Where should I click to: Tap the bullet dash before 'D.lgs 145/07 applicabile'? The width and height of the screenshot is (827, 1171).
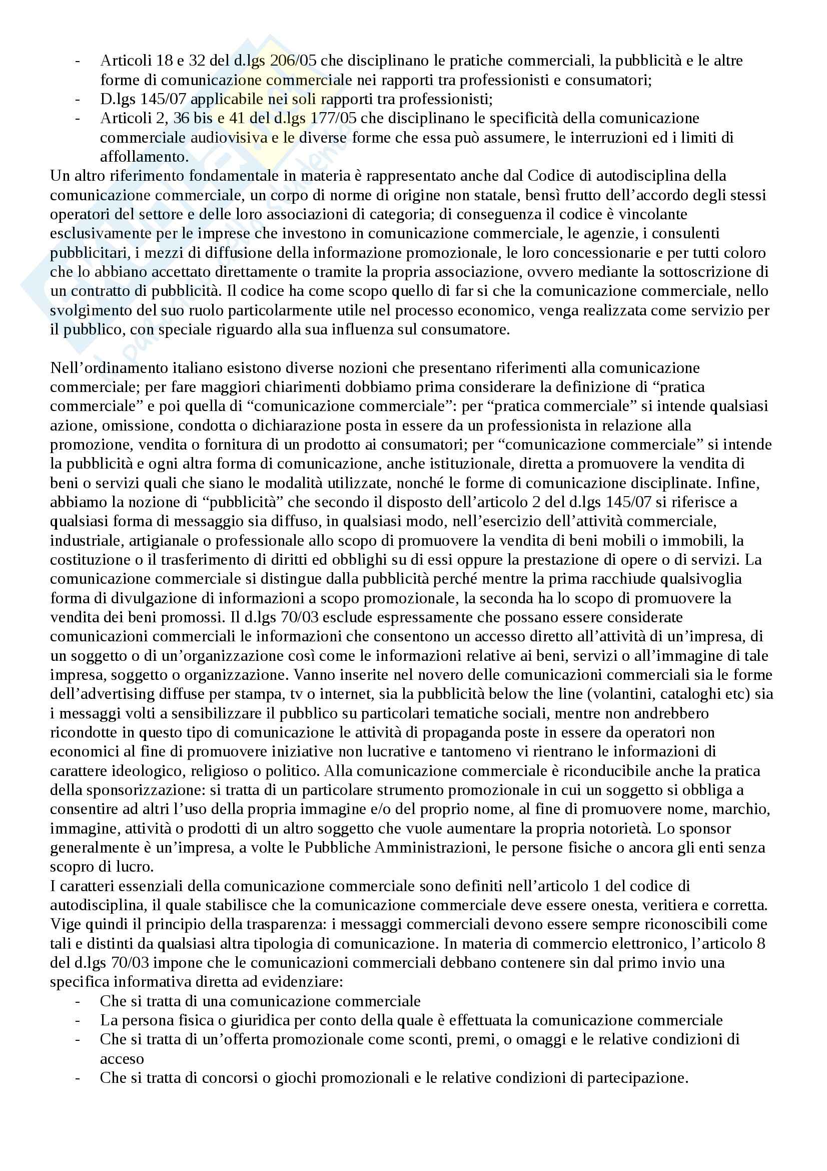(x=78, y=99)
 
